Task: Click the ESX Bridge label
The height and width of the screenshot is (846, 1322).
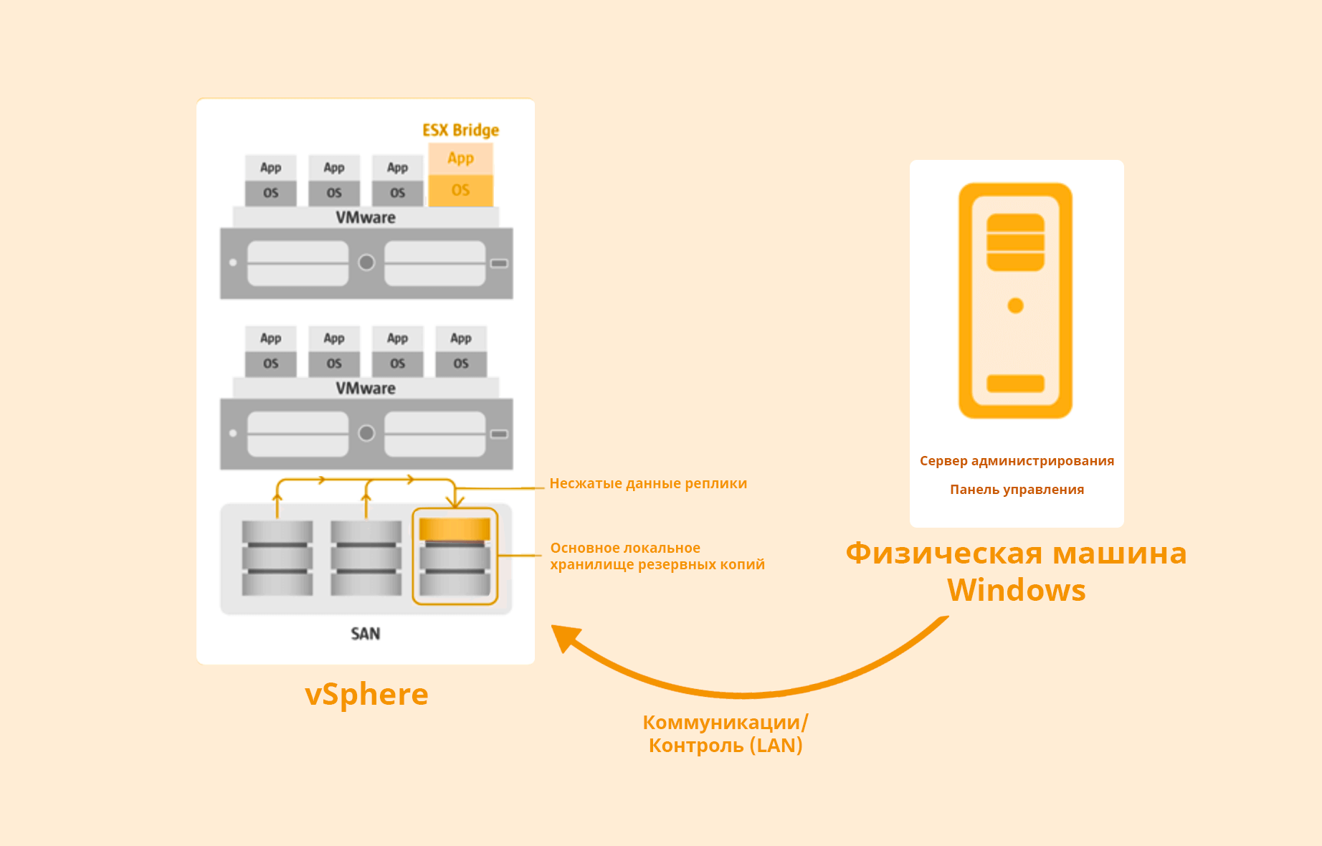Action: point(460,130)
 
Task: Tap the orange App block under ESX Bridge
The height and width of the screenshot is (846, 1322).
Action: point(460,158)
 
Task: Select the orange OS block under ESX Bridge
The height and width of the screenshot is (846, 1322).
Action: point(460,191)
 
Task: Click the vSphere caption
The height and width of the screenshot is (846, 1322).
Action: point(366,694)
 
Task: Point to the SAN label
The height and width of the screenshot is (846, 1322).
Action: point(365,634)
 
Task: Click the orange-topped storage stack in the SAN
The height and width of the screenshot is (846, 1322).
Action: point(455,556)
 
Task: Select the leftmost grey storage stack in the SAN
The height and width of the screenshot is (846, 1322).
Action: point(277,558)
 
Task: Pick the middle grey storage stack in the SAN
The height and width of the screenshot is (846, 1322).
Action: point(366,558)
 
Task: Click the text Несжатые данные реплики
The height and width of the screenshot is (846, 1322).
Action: point(648,484)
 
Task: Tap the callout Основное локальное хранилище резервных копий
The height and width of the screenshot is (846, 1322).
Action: point(657,556)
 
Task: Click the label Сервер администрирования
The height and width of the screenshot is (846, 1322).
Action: point(1017,461)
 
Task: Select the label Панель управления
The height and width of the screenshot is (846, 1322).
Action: point(1017,490)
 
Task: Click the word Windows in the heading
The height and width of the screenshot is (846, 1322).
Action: point(1016,591)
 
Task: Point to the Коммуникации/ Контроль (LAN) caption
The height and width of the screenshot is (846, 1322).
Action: point(726,733)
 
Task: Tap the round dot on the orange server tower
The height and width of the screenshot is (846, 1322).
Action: point(1015,306)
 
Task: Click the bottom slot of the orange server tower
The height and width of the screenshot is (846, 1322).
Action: point(1015,384)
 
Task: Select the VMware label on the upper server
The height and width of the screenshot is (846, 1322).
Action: point(366,218)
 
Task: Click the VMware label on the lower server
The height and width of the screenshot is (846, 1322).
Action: point(366,389)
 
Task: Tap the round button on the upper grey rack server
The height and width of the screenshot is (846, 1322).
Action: point(366,263)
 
